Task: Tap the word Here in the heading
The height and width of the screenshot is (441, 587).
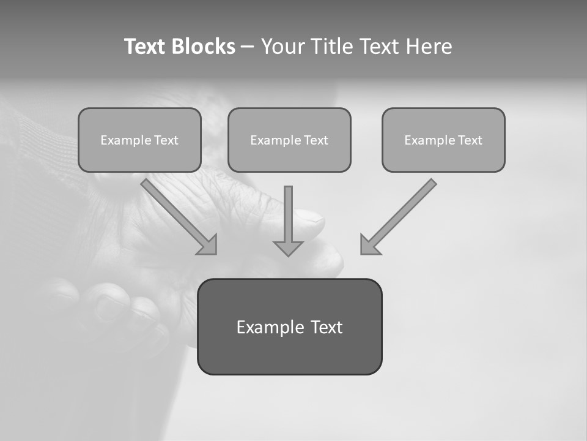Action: click(427, 47)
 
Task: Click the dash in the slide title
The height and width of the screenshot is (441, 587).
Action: click(248, 47)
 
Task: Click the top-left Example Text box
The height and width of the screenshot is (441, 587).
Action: click(139, 140)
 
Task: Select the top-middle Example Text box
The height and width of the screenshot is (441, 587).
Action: click(289, 140)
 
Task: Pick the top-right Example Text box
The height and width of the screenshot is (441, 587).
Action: click(443, 140)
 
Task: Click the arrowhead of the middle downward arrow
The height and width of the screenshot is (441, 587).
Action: click(289, 248)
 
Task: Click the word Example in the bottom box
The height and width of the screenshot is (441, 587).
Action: click(270, 327)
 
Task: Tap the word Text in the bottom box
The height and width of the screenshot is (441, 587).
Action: click(327, 327)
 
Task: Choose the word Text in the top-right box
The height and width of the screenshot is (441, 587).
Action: click(470, 140)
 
